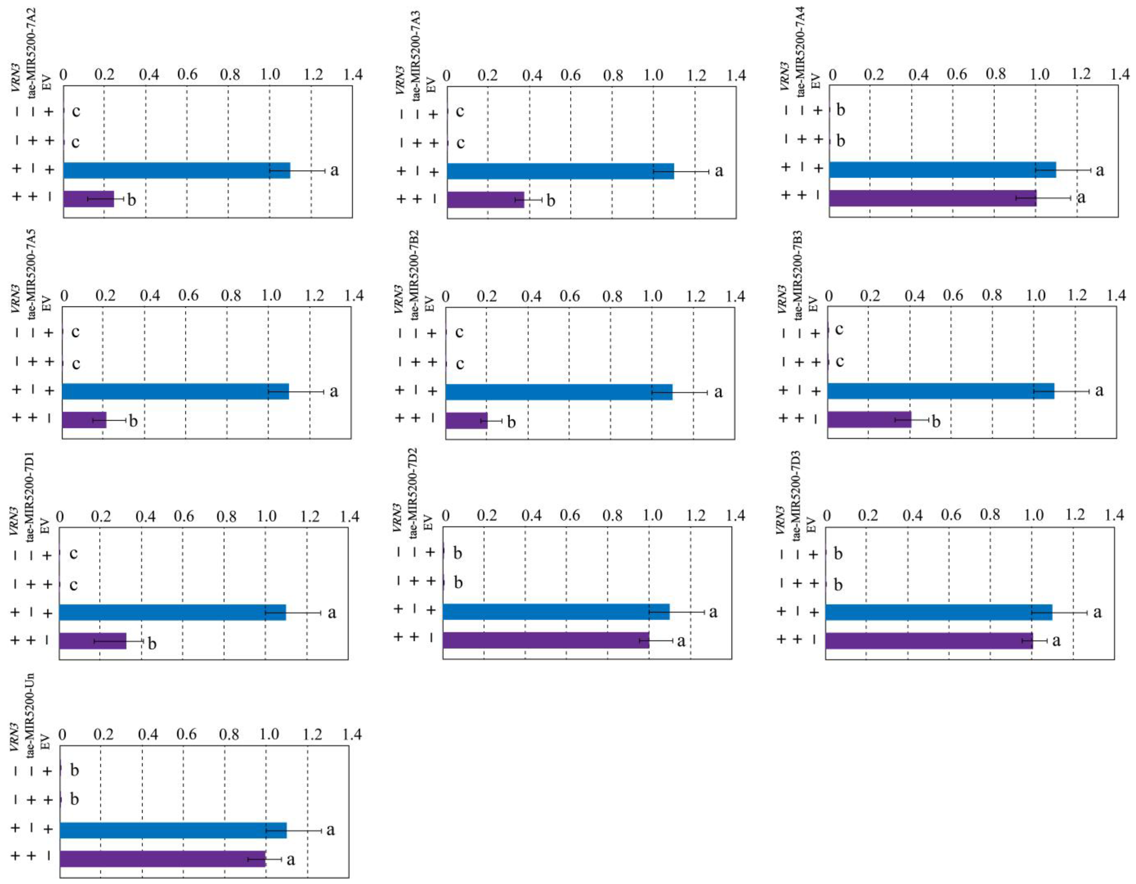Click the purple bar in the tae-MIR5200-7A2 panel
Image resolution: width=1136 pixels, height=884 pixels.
(89, 199)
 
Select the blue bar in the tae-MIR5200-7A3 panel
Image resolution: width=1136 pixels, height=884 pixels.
(560, 171)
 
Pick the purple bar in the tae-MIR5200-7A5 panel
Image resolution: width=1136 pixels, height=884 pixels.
(84, 420)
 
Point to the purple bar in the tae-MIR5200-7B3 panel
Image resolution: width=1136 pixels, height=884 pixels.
(869, 419)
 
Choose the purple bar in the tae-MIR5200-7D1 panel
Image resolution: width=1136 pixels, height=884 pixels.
(93, 641)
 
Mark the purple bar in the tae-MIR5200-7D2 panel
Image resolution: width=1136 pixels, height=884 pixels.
(546, 640)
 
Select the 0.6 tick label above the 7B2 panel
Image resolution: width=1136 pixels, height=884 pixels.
(571, 296)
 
